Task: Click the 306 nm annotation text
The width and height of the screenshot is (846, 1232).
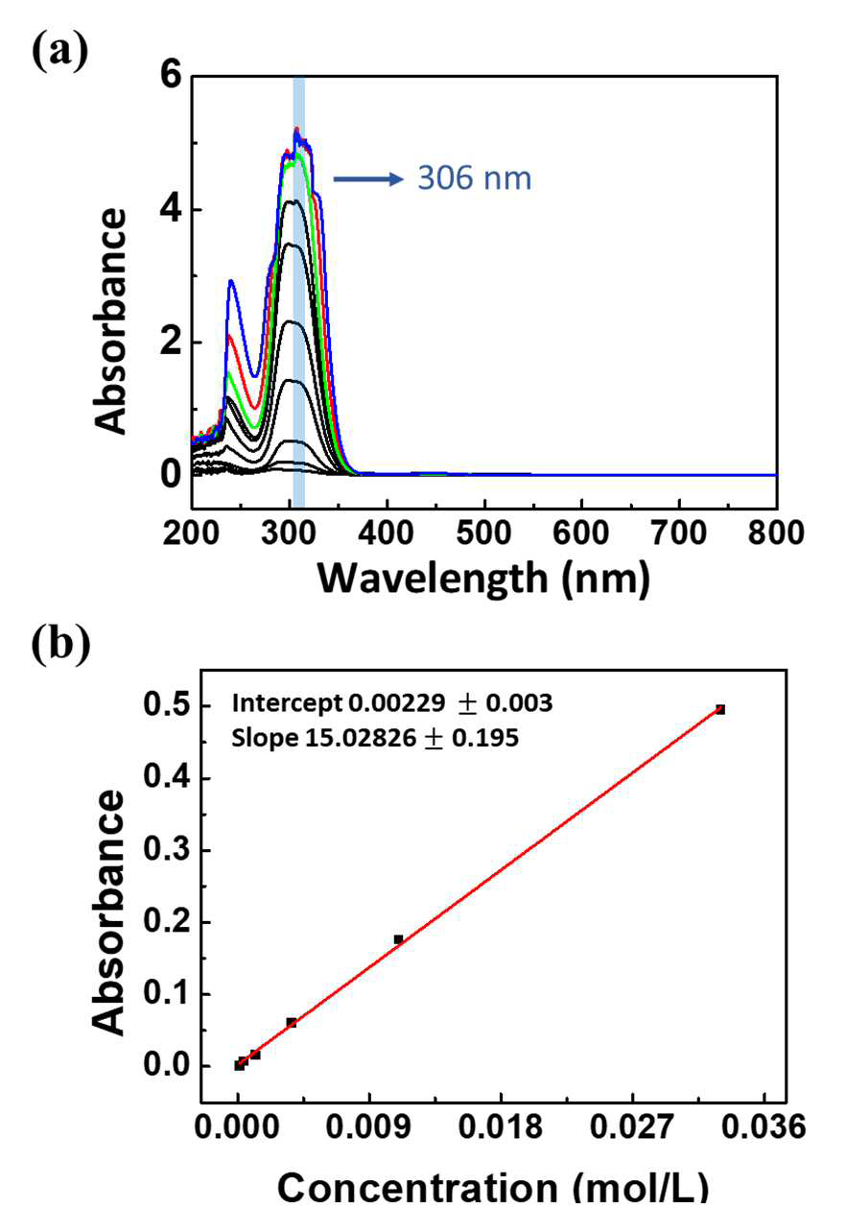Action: tap(475, 178)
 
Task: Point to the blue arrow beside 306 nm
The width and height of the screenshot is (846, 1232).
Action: tap(369, 178)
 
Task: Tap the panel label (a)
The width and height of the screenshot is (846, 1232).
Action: tap(59, 51)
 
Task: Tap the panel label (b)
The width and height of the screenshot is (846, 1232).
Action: tap(61, 644)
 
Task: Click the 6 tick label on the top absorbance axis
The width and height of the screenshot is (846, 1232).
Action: tap(171, 75)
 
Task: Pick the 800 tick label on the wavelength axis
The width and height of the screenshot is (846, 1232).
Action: tap(776, 533)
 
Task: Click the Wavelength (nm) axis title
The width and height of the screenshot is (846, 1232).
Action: tap(483, 580)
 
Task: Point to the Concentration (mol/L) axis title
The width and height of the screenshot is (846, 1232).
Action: tap(492, 1202)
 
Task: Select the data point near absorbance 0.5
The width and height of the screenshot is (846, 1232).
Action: tap(720, 709)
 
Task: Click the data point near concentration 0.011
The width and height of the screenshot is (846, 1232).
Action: tap(398, 939)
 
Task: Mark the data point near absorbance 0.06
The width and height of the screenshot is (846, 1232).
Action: tap(292, 1023)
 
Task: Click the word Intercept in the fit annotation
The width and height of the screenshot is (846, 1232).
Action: tap(287, 703)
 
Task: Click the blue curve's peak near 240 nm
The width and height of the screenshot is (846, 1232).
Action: tap(231, 281)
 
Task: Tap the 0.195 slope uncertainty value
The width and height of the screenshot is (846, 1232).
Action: tap(485, 738)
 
